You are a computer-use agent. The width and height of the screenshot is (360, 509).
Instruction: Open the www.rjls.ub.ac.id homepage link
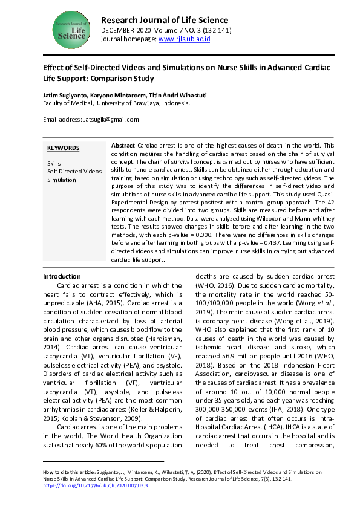click(x=184, y=39)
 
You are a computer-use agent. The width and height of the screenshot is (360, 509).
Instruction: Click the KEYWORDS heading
click(x=63, y=148)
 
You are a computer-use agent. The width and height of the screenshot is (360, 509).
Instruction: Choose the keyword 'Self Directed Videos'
click(x=74, y=172)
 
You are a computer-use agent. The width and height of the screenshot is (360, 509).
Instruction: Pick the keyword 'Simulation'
click(x=62, y=180)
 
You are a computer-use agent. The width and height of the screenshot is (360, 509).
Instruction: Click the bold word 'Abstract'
click(x=124, y=146)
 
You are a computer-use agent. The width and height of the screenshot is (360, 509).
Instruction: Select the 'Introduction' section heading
click(x=62, y=276)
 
